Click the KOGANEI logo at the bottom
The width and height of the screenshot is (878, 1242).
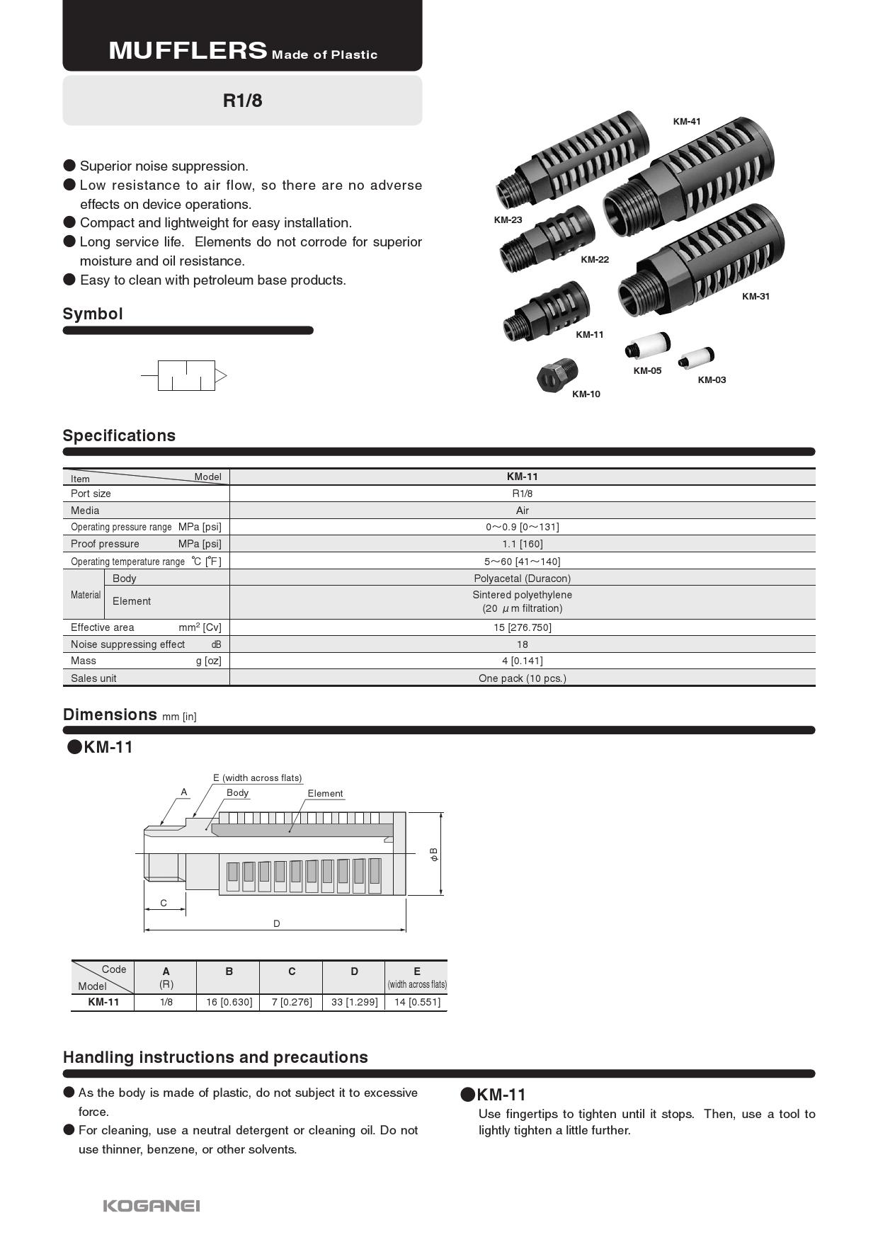point(152,1205)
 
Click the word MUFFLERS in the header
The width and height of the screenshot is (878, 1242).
point(188,51)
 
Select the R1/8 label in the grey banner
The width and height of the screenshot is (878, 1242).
point(242,101)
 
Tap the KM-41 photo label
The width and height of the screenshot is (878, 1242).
point(686,122)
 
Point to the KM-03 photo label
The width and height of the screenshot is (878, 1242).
point(712,380)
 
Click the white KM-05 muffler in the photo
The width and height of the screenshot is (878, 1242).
point(647,346)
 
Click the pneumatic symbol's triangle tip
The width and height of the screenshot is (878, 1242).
point(221,375)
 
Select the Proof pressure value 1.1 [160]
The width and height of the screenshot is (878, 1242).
point(522,544)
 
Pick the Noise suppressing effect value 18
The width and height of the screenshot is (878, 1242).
point(522,644)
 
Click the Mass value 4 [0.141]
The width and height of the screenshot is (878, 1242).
point(522,661)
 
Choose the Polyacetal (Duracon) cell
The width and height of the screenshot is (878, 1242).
point(522,579)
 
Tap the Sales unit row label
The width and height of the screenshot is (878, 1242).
point(93,678)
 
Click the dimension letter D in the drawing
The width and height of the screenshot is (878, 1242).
point(277,923)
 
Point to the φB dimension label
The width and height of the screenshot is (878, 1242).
point(434,854)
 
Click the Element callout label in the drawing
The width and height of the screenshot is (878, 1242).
point(325,794)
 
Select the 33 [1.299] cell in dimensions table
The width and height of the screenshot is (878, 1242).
point(354,1002)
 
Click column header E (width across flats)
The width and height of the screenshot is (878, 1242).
point(416,976)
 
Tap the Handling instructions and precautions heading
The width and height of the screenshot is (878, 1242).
point(215,1057)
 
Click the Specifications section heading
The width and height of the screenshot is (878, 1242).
point(119,435)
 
